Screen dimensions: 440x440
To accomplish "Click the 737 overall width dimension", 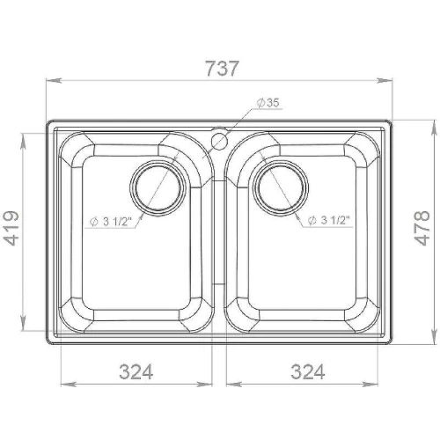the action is click(222, 69).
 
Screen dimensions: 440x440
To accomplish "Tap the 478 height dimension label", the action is click(422, 228).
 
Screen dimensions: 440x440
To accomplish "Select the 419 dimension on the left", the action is click(11, 228).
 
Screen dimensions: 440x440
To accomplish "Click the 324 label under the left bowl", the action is click(136, 371).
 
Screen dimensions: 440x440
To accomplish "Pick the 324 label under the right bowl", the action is click(308, 371).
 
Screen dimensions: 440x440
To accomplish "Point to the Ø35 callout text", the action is click(268, 103).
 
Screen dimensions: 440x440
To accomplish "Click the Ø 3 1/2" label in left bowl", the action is click(110, 222).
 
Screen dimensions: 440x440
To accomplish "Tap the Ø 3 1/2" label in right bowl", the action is click(329, 220).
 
